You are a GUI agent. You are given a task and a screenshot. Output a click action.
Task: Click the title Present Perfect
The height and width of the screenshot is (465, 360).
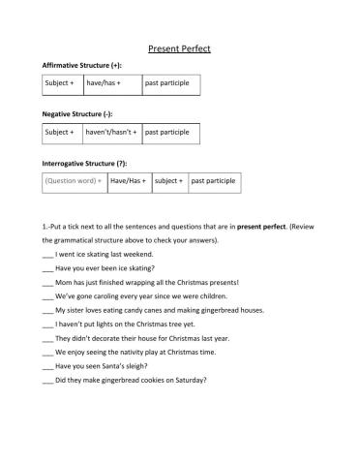click(179, 48)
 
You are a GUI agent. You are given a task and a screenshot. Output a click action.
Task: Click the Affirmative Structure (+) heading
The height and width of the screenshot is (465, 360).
click(81, 65)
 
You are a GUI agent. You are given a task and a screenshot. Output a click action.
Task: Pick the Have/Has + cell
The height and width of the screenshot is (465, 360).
click(129, 181)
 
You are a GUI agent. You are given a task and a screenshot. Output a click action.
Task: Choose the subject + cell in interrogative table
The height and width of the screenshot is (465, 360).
click(169, 181)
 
